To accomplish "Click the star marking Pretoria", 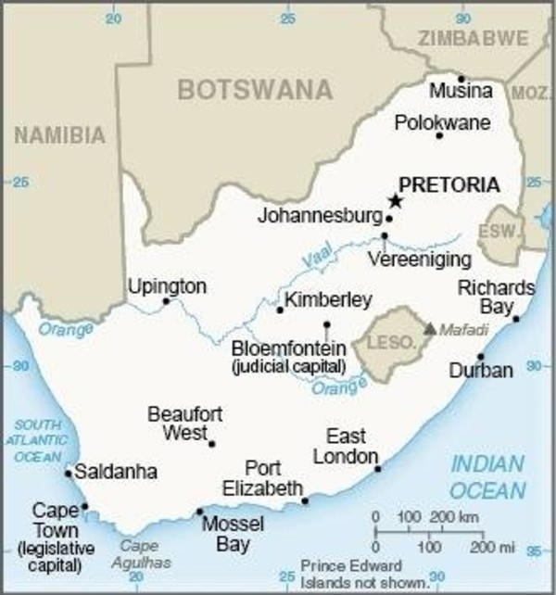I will tap(396, 201).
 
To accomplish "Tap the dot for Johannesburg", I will tap(389, 220).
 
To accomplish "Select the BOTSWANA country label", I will tap(254, 90).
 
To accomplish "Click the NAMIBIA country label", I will tap(59, 135).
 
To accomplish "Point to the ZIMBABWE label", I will tap(473, 38).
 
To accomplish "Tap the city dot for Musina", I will tap(461, 79).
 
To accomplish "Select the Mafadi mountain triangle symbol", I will tap(429, 328).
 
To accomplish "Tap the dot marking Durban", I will tap(480, 357).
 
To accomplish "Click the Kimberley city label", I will tap(328, 299).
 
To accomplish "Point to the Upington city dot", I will tap(167, 301).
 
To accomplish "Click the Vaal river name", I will tap(316, 262).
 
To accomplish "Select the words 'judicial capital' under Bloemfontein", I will tap(288, 367).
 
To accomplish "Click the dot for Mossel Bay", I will tap(199, 512).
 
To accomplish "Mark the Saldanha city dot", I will tap(68, 473).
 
